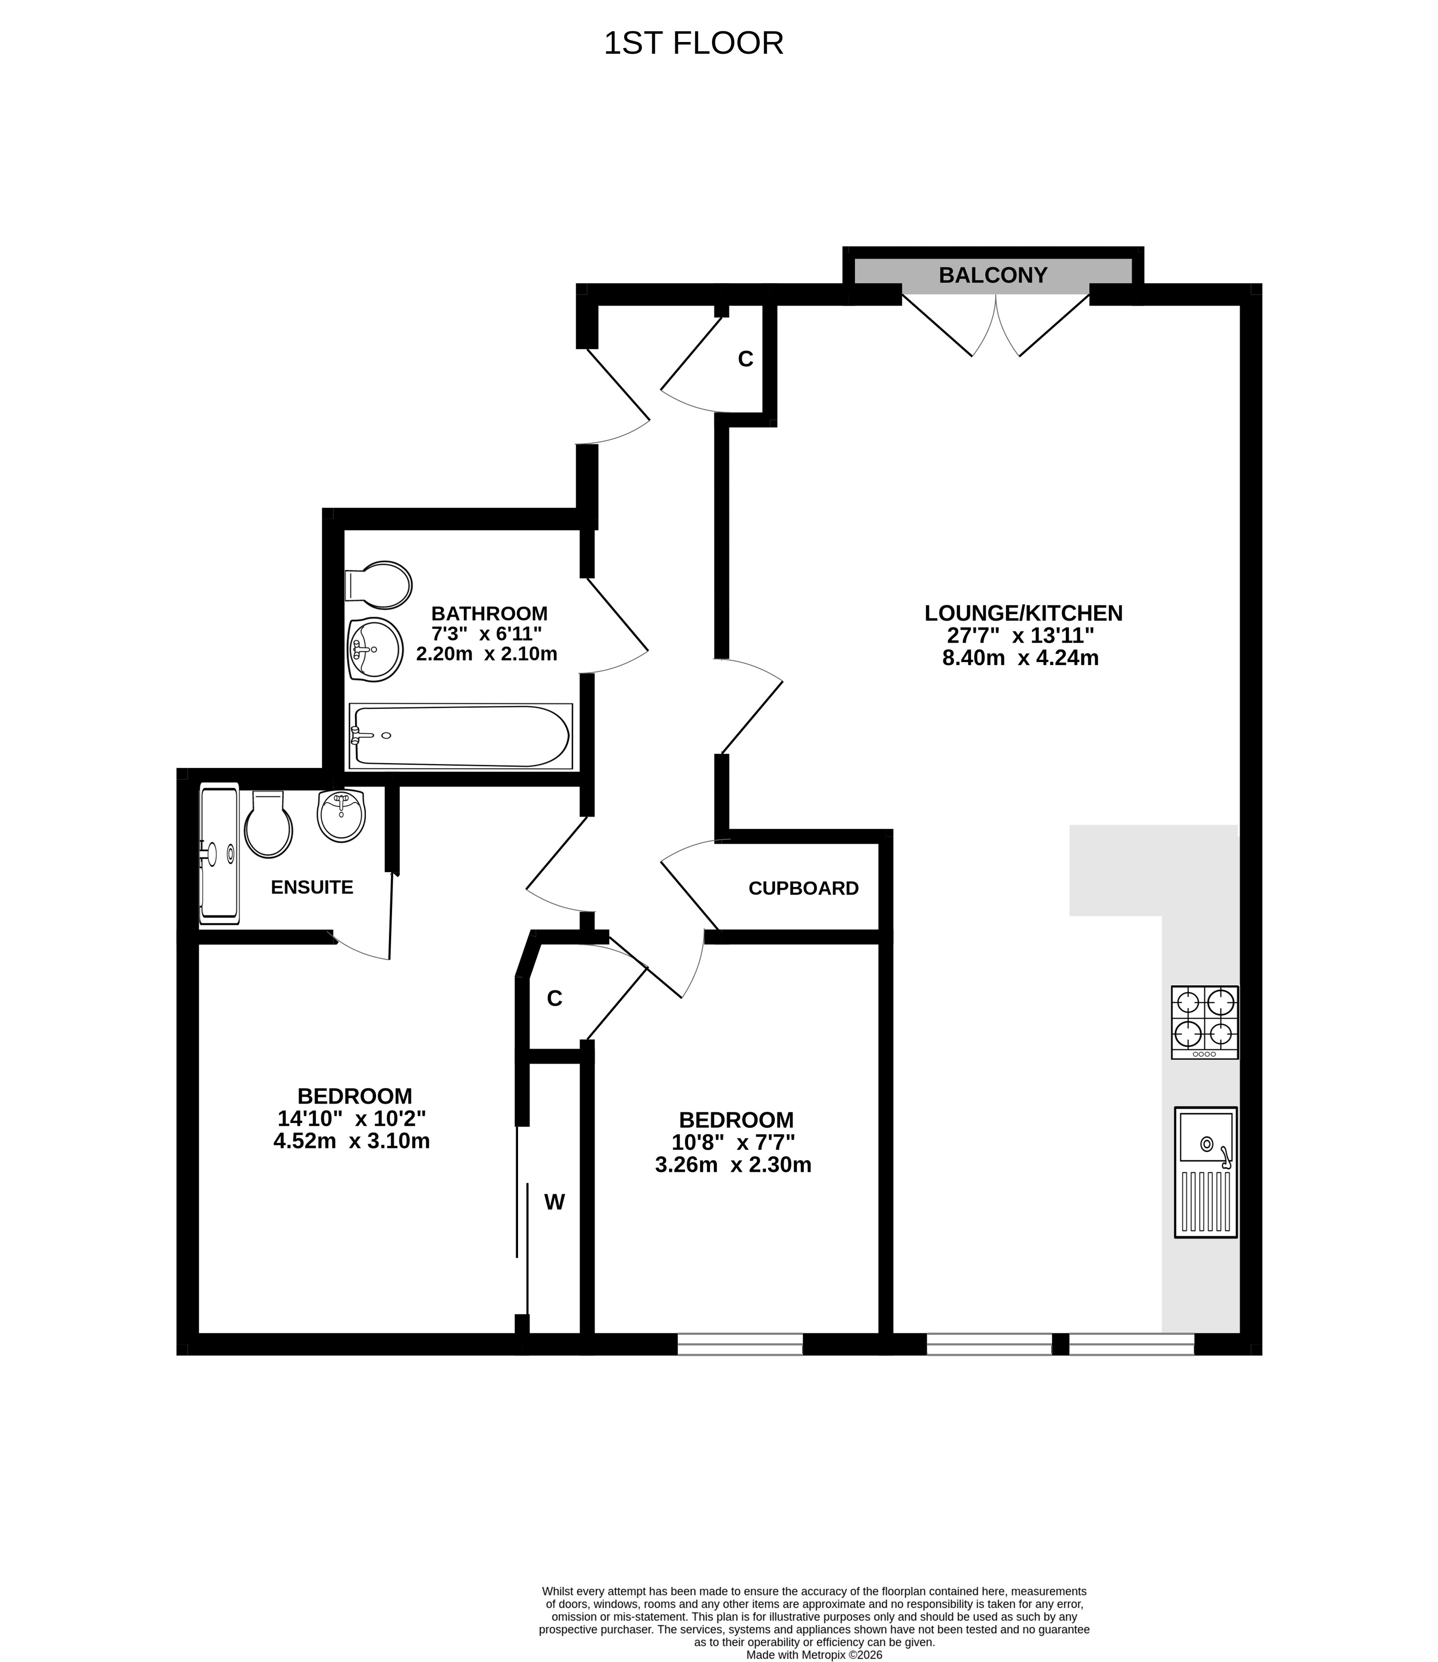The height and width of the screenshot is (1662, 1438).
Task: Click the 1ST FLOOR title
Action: [693, 43]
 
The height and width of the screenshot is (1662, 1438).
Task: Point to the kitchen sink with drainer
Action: [1205, 1172]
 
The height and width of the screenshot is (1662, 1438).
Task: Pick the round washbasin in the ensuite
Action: [341, 815]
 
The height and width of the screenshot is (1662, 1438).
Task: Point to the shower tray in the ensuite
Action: [219, 854]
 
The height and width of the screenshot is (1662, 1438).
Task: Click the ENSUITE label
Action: [312, 887]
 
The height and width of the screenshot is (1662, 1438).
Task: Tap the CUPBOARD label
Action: [803, 889]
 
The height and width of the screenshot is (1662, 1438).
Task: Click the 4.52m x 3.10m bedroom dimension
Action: [352, 1141]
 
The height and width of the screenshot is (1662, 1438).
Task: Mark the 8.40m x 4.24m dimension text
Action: [1020, 658]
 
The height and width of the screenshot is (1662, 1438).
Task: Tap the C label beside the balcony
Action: [746, 359]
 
